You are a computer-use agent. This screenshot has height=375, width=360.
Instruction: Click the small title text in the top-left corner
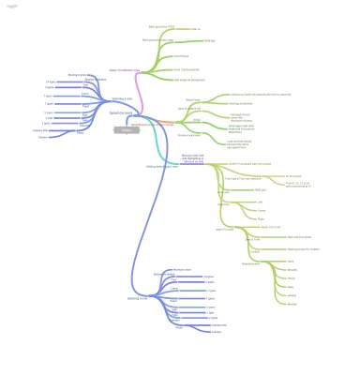coord(11,6)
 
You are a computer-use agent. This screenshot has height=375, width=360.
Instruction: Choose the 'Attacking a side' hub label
coord(137,299)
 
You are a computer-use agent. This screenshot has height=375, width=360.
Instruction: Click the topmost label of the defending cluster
coord(79,74)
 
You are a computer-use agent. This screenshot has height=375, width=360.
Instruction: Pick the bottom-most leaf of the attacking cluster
coord(216,332)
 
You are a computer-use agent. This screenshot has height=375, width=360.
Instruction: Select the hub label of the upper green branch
coord(125,69)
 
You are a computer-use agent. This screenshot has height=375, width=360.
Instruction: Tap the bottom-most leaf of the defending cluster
coord(43,137)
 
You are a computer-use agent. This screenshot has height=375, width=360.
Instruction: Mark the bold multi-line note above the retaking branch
coord(192,158)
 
